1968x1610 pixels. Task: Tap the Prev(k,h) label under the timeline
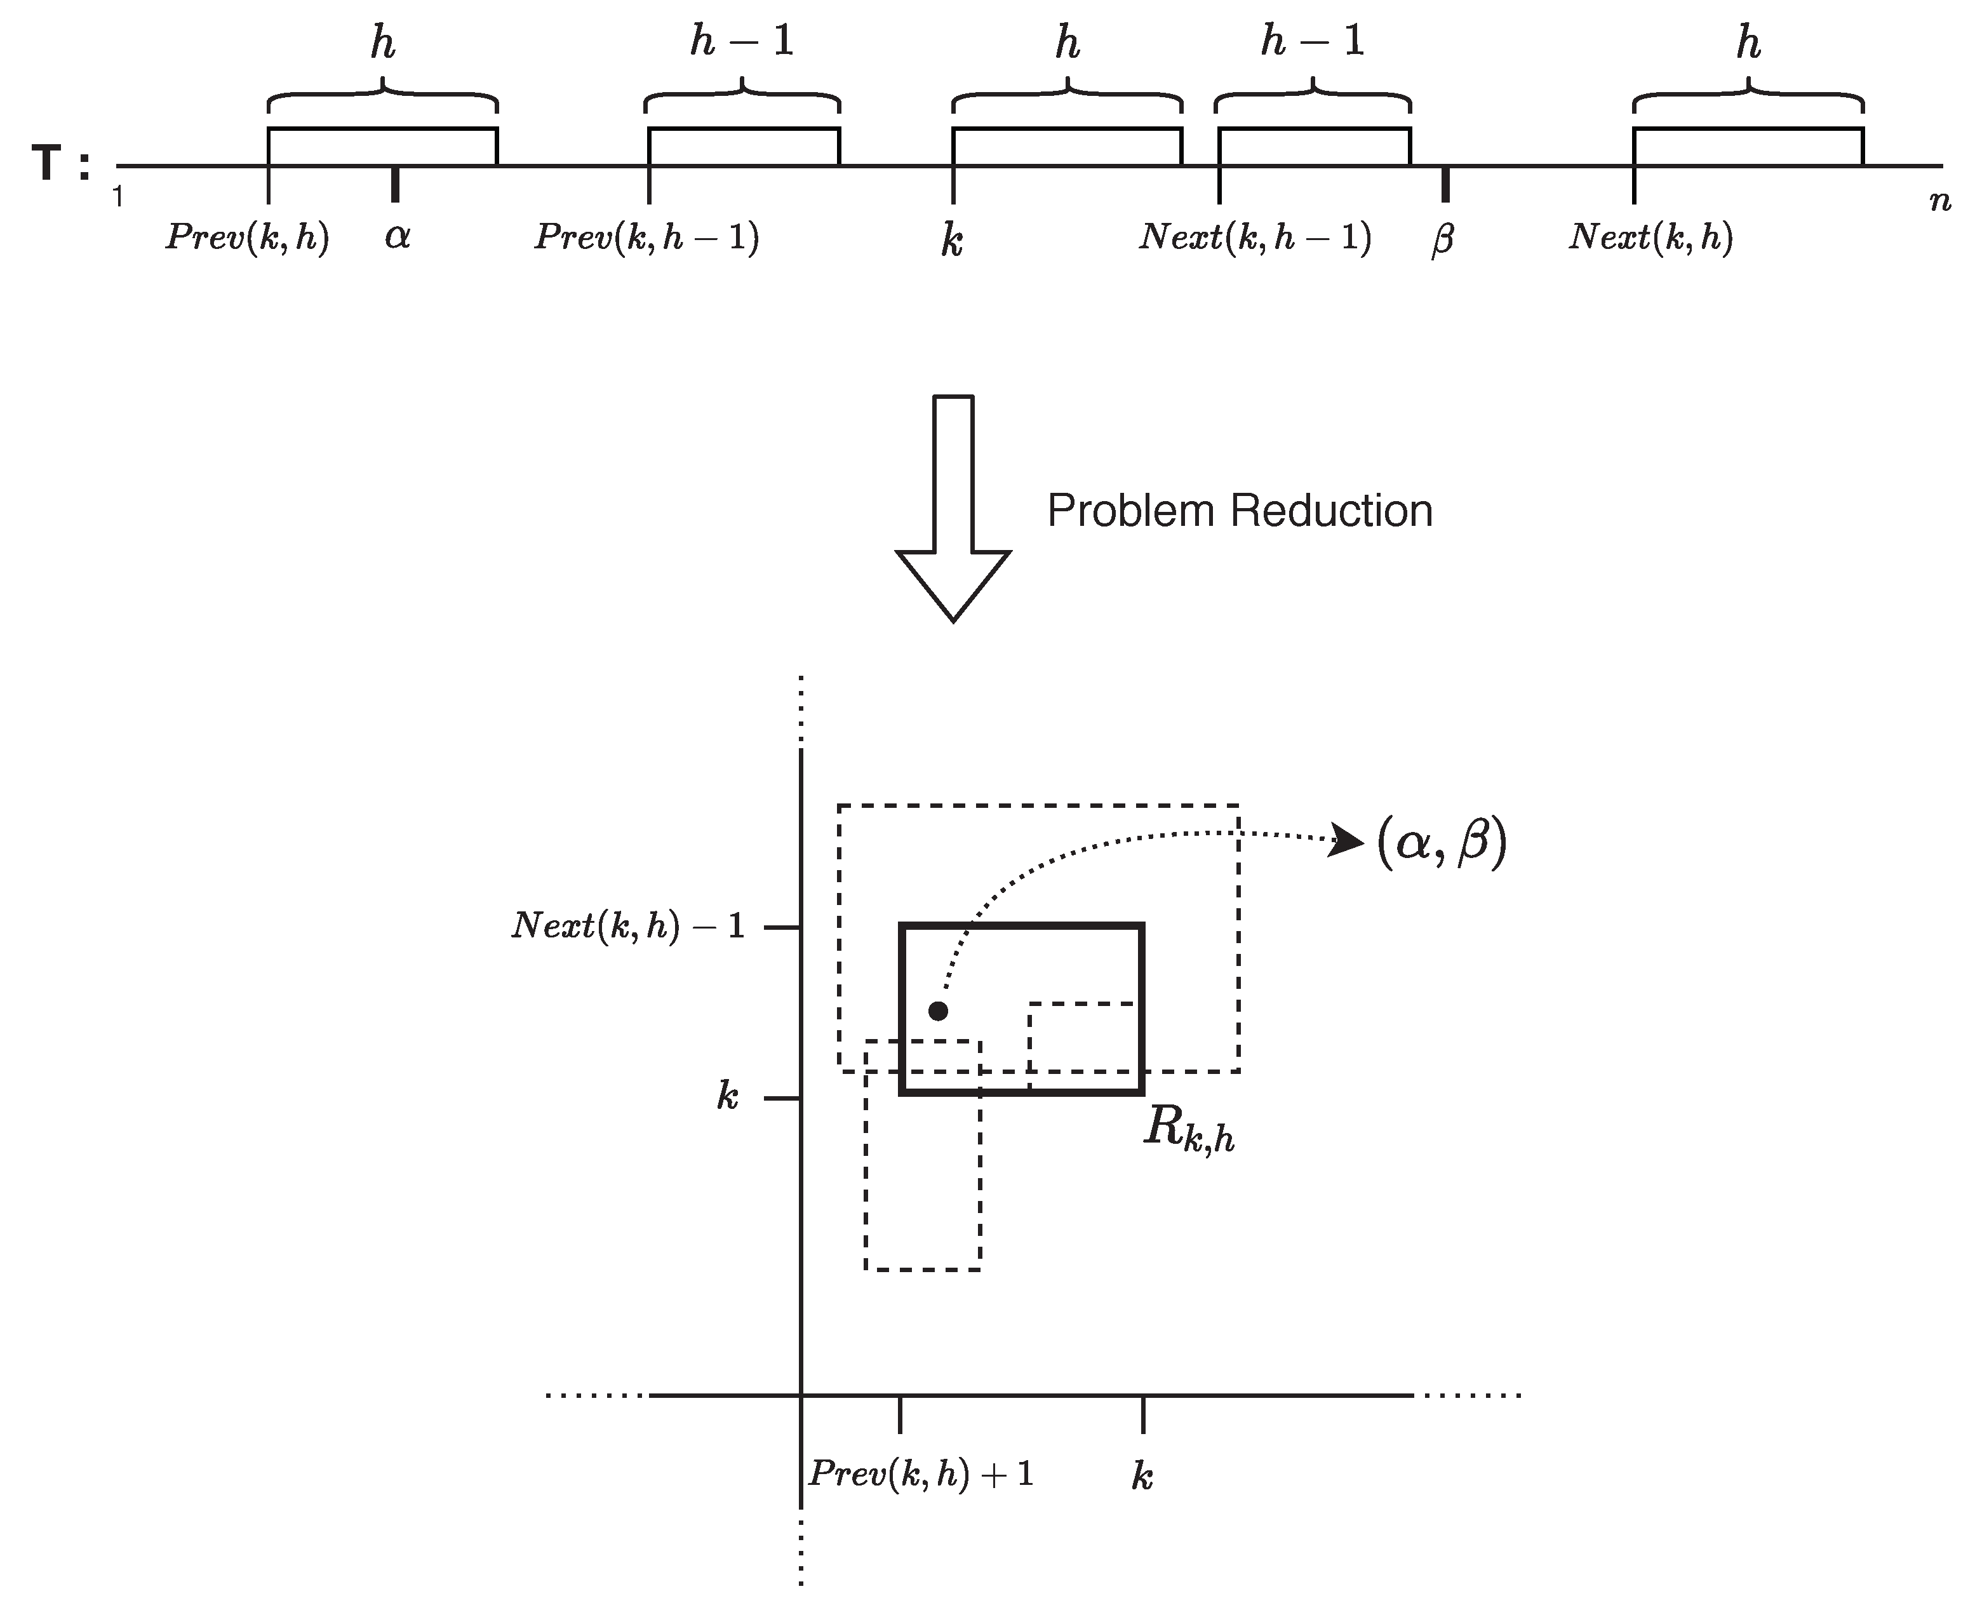point(246,238)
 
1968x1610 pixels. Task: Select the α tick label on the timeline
point(397,238)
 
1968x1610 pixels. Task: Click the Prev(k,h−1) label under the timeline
point(646,238)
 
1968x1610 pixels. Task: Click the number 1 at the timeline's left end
point(117,197)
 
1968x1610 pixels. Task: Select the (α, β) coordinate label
point(1441,843)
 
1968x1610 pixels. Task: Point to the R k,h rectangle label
point(1188,1130)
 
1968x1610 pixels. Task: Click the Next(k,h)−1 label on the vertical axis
point(628,925)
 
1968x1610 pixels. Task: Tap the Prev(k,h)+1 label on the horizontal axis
point(920,1473)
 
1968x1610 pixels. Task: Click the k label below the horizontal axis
point(1142,1475)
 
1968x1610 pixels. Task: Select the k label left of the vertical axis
point(727,1097)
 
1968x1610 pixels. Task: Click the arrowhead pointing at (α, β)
point(1347,841)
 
